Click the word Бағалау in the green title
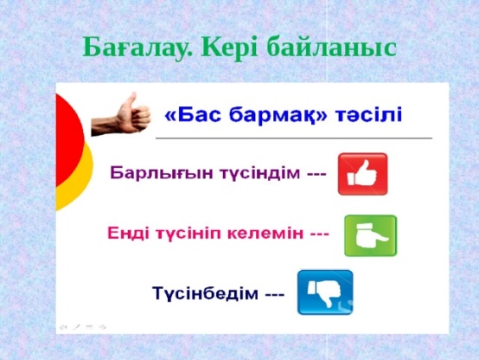[137, 48]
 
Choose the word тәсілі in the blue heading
[368, 115]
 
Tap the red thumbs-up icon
[362, 174]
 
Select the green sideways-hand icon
[371, 235]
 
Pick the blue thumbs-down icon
[325, 292]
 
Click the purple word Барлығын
[162, 173]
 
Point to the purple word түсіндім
[260, 173]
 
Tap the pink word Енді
[128, 234]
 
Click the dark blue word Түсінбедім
[205, 293]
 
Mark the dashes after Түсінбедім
[274, 295]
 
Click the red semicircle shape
[70, 140]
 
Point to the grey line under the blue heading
[294, 138]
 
